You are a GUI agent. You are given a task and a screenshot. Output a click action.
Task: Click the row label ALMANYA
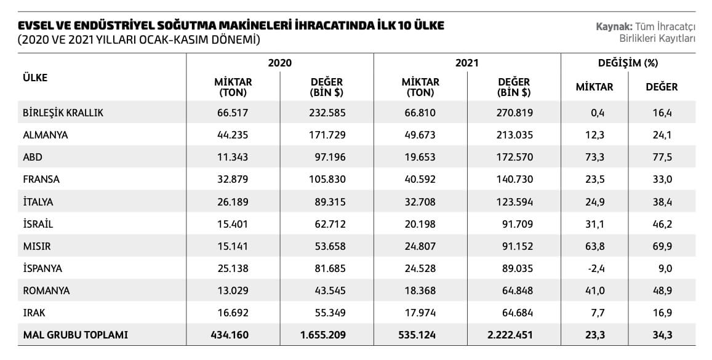(46, 135)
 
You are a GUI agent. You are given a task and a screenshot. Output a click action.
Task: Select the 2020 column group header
(280, 63)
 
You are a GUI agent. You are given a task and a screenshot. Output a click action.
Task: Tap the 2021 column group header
(467, 63)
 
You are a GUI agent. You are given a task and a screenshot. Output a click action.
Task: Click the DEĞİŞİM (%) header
(628, 63)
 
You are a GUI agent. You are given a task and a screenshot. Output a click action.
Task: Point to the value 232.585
(327, 113)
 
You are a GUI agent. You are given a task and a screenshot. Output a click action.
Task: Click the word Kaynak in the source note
(614, 27)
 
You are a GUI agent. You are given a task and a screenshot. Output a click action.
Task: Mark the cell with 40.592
(420, 179)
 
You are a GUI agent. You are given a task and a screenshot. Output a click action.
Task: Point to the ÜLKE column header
(35, 77)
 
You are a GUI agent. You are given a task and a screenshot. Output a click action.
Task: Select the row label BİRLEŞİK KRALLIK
(63, 113)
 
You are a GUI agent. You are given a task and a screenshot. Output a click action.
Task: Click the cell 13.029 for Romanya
(233, 290)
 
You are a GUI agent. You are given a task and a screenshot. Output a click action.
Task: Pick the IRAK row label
(34, 313)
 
